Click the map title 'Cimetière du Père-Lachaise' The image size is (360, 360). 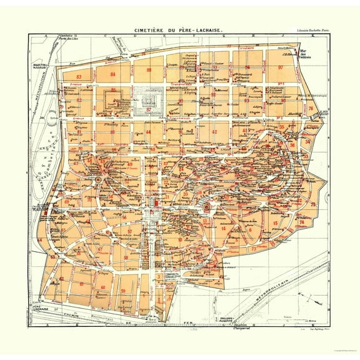pos(180,29)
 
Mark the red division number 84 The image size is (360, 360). pos(113,74)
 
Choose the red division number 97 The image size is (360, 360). pos(281,67)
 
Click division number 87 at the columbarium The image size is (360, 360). pos(149,109)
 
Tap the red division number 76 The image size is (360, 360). pos(311,108)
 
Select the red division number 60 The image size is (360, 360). pos(102,287)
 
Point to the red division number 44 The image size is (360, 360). pos(149,132)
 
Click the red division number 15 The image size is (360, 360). pos(275,222)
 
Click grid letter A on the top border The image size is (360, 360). pos(46,37)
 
